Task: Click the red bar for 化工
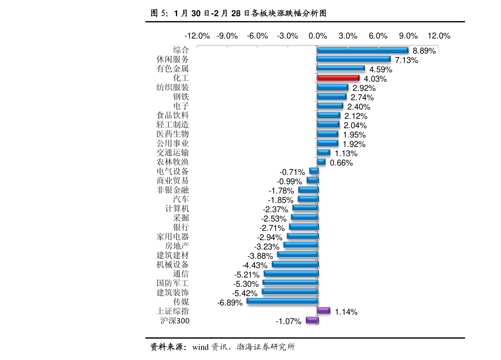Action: tap(338, 78)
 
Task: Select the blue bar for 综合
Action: tap(363, 50)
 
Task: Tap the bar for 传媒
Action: tap(282, 301)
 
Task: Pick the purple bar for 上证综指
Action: tap(323, 310)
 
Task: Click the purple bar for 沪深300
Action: tap(312, 320)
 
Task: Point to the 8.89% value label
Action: tap(424, 51)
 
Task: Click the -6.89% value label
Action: tap(230, 302)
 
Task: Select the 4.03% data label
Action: tap(375, 79)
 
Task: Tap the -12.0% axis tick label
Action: tap(197, 36)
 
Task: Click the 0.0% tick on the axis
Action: tap(318, 36)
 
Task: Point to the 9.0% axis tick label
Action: tap(408, 36)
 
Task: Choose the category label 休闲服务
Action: tap(172, 59)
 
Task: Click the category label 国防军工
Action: tap(172, 283)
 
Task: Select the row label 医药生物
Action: tap(172, 134)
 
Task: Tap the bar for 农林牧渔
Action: tap(321, 162)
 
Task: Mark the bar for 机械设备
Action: tap(295, 264)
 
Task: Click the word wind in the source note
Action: tap(200, 347)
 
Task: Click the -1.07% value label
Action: tap(289, 321)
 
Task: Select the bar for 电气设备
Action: tap(314, 171)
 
